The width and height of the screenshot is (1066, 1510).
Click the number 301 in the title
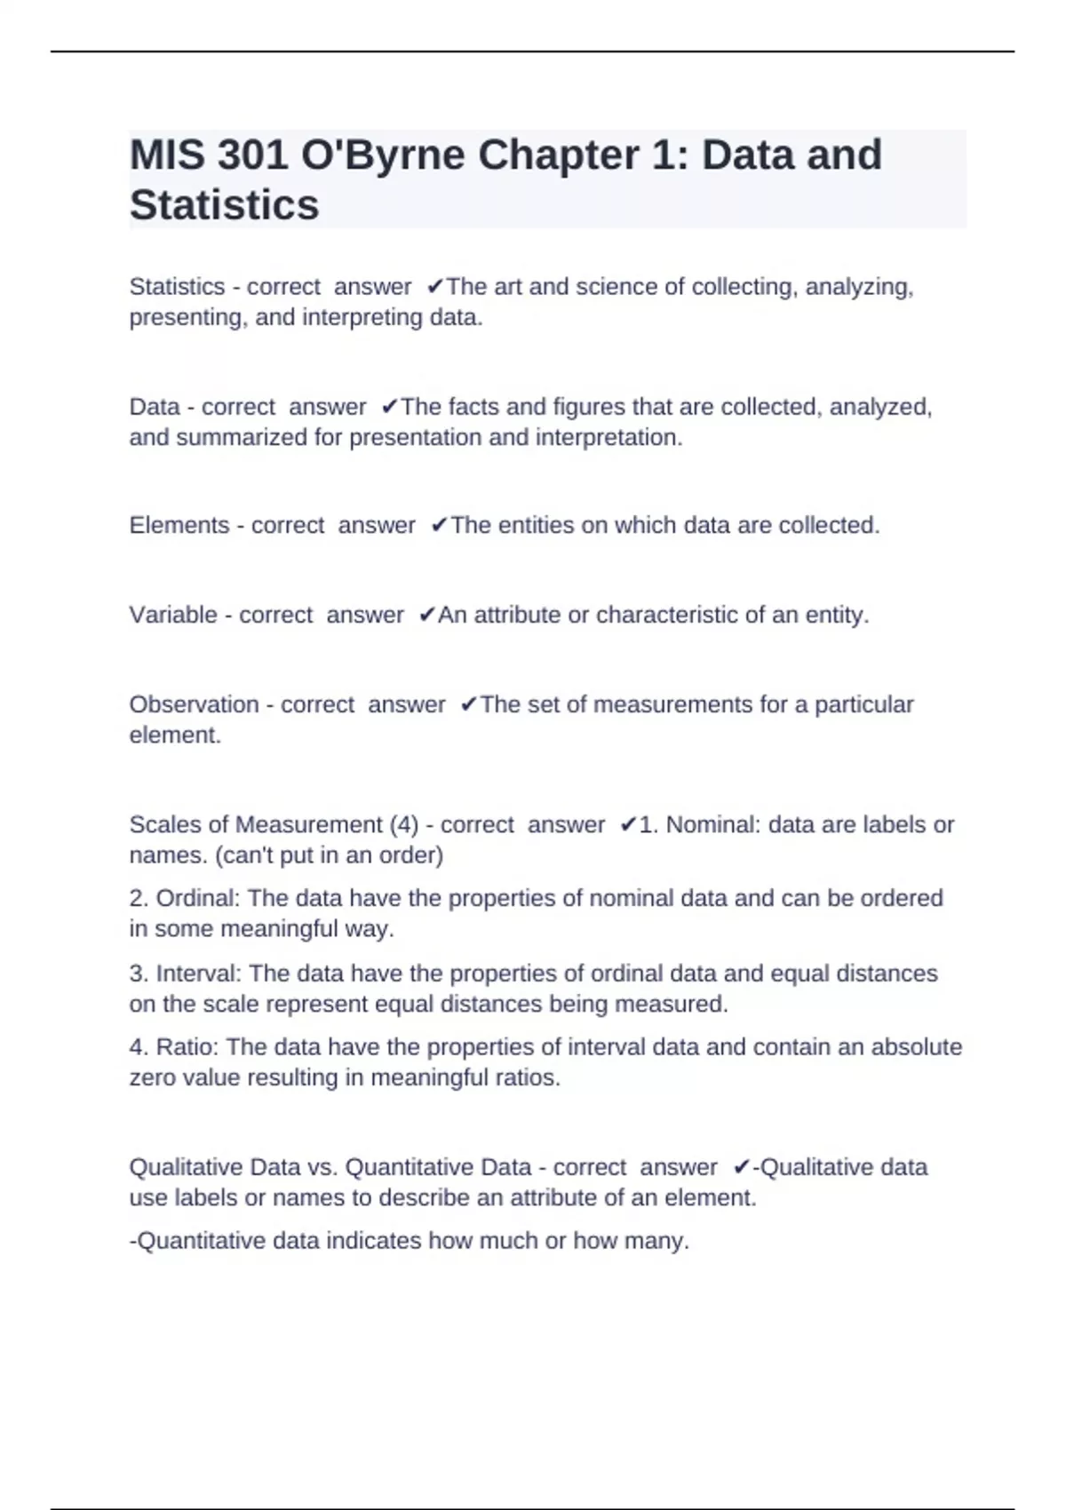click(x=252, y=155)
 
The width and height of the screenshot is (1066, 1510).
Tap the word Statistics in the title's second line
click(x=224, y=205)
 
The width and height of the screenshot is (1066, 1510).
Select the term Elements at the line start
click(x=179, y=526)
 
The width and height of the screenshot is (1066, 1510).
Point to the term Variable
click(x=172, y=615)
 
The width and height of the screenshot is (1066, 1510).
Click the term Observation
click(x=194, y=704)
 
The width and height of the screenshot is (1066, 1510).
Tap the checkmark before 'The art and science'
click(x=435, y=287)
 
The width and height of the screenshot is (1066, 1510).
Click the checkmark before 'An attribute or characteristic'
click(x=426, y=615)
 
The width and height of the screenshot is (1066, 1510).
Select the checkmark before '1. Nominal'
click(x=628, y=825)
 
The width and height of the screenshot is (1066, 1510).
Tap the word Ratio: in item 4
click(x=187, y=1047)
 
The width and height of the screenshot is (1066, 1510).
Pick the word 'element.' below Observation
click(x=175, y=735)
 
